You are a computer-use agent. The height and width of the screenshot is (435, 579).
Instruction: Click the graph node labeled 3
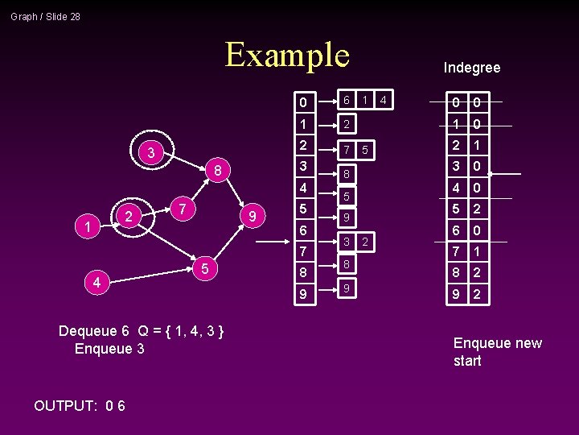coord(150,151)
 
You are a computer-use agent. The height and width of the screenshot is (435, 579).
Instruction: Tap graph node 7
coord(183,209)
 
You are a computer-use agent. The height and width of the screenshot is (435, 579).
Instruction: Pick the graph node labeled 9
coord(253,217)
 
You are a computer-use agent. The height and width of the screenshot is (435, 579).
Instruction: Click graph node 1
coord(85,227)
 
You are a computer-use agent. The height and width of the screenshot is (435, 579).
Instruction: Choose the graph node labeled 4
coord(96,283)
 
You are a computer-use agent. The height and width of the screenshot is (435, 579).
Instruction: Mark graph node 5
coord(205,268)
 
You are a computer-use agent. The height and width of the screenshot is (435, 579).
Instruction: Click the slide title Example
coord(287,55)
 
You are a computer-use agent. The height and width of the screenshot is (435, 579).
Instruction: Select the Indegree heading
coord(472,68)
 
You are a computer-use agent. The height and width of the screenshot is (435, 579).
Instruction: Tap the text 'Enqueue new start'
coord(497,352)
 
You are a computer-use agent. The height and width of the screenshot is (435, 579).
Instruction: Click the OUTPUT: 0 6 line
coord(79,405)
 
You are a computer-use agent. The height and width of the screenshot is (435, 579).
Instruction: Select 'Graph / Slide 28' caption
coord(45,16)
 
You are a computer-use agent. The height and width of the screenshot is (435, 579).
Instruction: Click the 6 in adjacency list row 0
coord(346,101)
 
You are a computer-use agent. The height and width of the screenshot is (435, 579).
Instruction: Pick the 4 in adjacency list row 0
coord(384,101)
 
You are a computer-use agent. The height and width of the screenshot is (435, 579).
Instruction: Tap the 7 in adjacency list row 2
coord(346,150)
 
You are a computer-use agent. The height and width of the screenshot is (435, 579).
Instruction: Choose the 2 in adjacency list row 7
coord(365,242)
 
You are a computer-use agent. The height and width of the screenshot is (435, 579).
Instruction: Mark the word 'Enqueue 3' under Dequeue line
coord(109,349)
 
